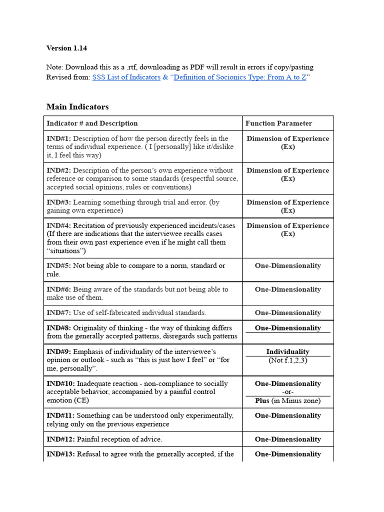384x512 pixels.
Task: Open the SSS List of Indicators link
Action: [126, 77]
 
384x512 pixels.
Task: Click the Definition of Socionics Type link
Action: [240, 77]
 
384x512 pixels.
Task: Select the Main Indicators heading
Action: [77, 106]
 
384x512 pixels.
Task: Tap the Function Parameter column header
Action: [278, 123]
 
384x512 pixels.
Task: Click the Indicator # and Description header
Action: [92, 123]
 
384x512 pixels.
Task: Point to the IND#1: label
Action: [59, 138]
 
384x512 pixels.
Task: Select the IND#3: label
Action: [59, 202]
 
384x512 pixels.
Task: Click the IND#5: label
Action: [59, 266]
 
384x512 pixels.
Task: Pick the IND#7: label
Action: [59, 313]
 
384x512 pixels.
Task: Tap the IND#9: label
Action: [59, 352]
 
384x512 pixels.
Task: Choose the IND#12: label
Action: [61, 439]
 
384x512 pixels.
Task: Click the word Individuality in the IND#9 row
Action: [287, 351]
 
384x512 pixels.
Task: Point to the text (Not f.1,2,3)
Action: [287, 360]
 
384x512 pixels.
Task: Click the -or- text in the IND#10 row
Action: [287, 392]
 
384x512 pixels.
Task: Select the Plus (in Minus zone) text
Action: [287, 400]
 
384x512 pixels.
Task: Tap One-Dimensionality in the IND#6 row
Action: [287, 289]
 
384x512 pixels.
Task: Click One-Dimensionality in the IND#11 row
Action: [287, 415]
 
